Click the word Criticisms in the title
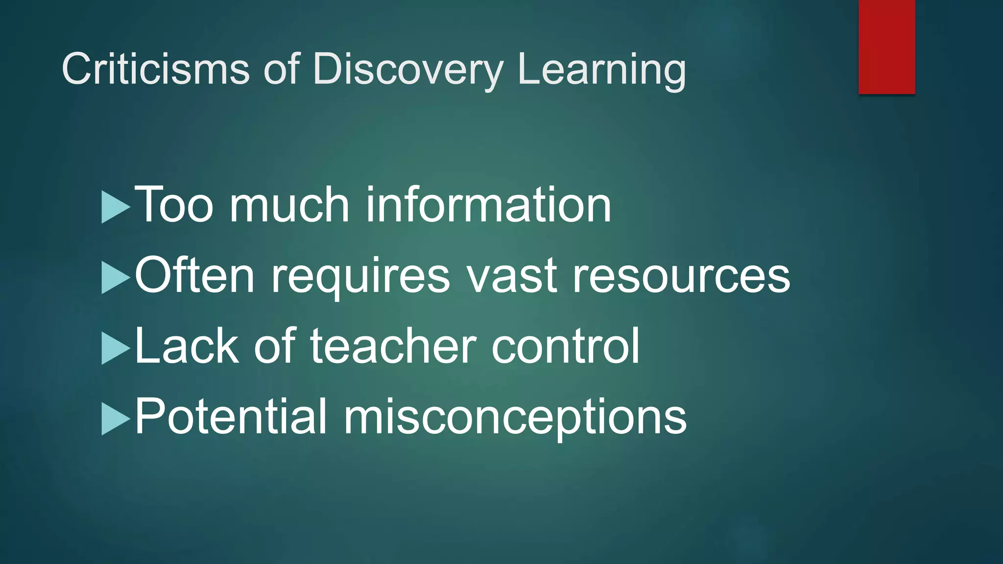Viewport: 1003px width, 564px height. [156, 69]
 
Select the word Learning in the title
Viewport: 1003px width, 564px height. [601, 70]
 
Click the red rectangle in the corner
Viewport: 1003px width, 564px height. [886, 47]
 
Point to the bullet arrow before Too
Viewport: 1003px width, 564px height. [115, 207]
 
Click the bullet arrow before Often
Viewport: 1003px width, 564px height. [115, 278]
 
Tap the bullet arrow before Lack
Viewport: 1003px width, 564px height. [115, 348]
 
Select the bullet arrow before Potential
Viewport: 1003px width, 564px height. [115, 419]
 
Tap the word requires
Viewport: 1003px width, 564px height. [360, 277]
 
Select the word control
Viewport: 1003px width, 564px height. [565, 346]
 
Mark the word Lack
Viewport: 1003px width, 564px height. [187, 346]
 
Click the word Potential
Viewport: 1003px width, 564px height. [230, 417]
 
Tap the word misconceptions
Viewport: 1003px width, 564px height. [515, 418]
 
